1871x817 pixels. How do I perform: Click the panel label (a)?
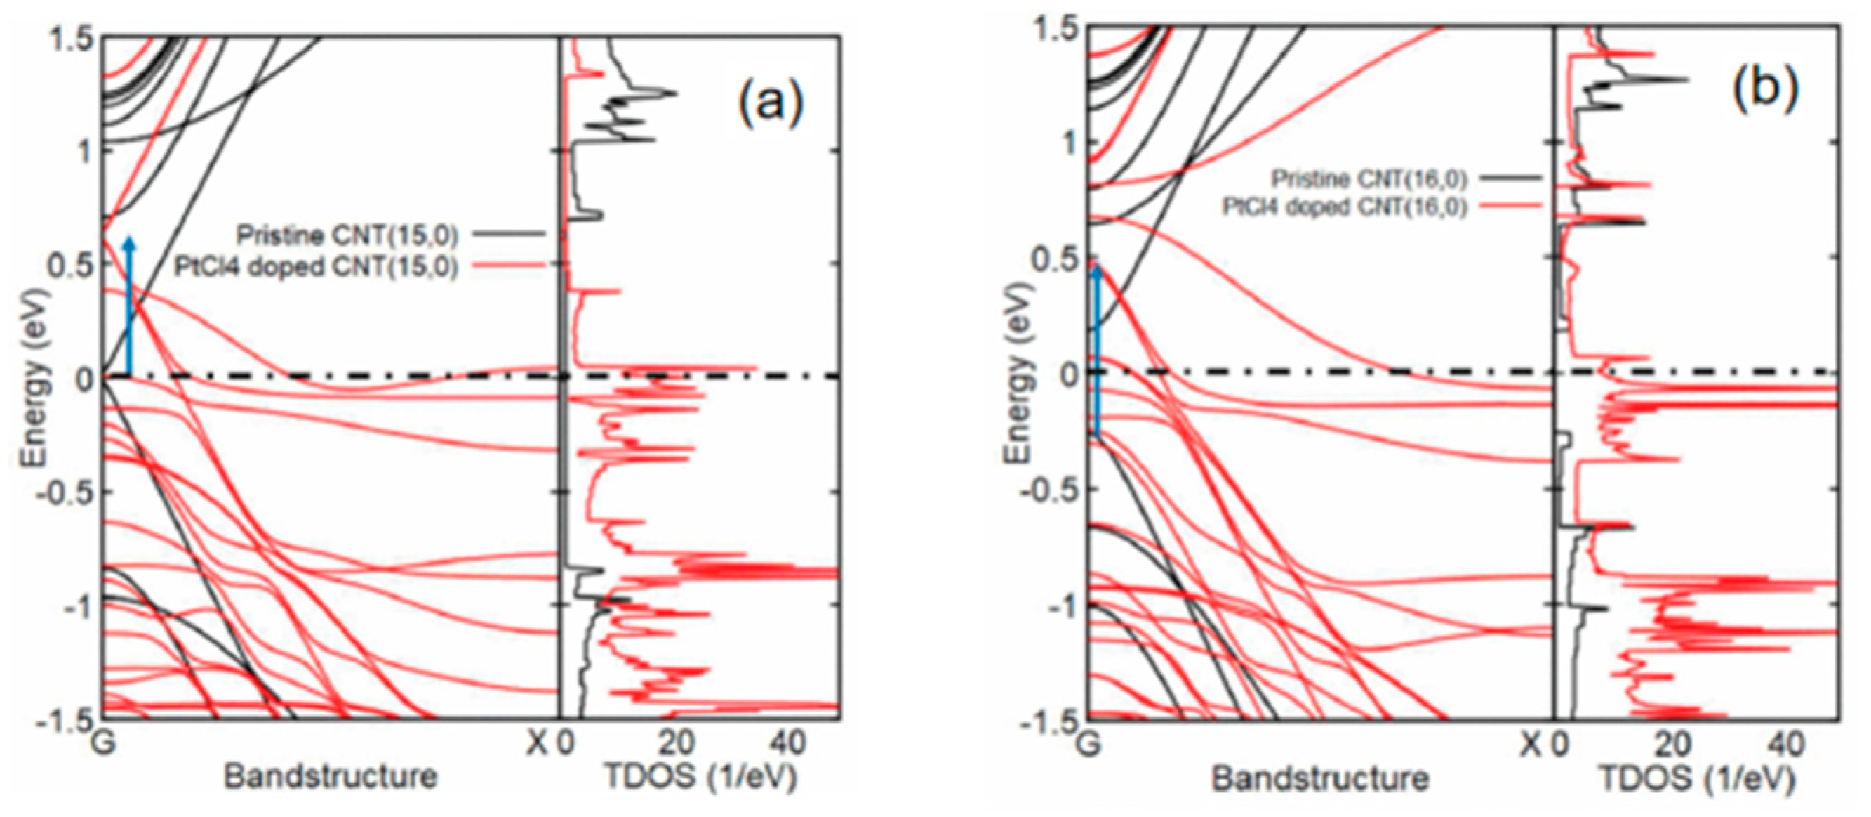click(771, 104)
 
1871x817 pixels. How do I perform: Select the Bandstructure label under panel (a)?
click(331, 777)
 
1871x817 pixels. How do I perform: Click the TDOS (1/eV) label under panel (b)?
click(1697, 779)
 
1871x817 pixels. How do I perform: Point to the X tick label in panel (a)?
click(537, 743)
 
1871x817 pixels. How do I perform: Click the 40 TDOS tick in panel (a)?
click(787, 743)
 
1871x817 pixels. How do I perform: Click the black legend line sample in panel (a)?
click(508, 234)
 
